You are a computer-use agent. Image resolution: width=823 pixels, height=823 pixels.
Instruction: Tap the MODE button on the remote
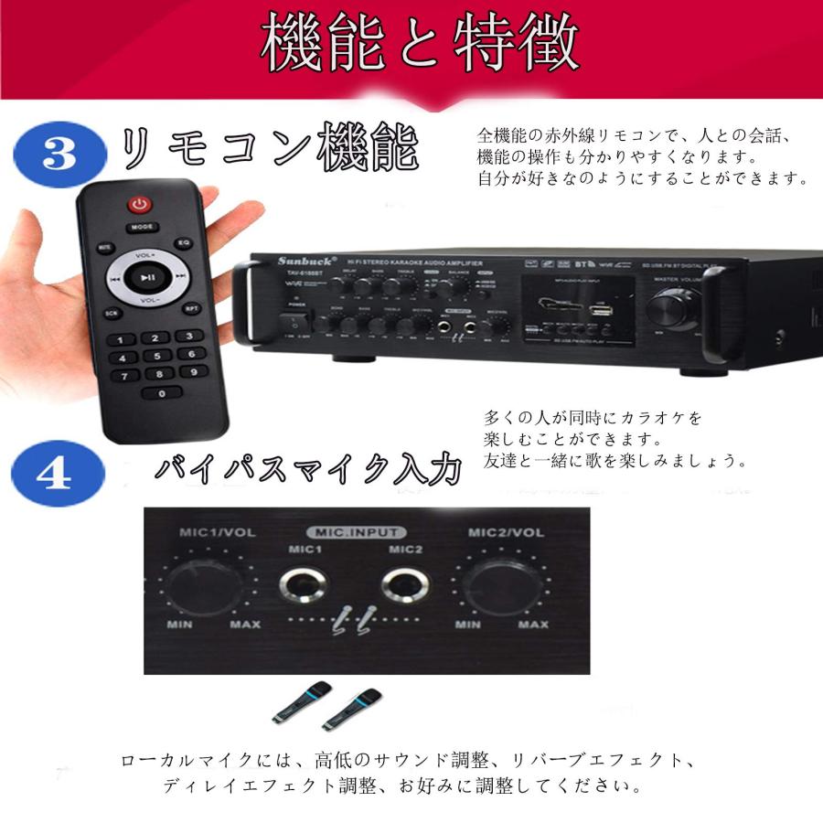click(141, 226)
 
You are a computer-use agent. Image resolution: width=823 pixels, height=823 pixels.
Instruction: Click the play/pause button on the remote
click(147, 276)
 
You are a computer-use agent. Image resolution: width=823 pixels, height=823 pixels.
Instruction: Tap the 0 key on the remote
click(163, 393)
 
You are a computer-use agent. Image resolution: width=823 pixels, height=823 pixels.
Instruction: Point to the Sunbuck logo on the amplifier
click(301, 260)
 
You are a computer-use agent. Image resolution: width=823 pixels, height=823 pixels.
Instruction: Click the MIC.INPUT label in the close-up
click(357, 532)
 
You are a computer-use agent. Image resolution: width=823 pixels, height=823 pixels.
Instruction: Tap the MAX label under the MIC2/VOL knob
click(534, 625)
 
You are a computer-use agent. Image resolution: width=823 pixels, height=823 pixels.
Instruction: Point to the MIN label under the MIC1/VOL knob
click(179, 625)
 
